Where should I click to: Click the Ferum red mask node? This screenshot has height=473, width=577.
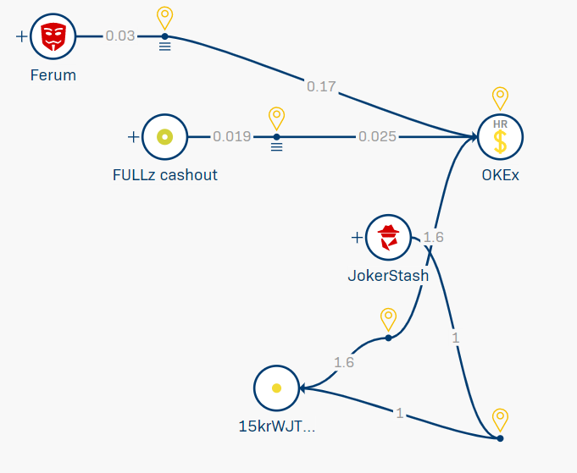(53, 36)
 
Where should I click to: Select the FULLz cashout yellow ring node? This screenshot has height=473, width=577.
(164, 136)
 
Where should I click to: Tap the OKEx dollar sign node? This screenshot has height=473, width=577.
(500, 137)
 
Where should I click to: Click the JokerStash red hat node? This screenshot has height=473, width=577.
(388, 237)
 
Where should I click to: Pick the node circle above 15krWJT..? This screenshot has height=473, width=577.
(276, 388)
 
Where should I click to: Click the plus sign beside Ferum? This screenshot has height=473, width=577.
(21, 36)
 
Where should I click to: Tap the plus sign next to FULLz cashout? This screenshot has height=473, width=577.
(133, 136)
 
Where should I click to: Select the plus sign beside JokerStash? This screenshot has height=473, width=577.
(357, 237)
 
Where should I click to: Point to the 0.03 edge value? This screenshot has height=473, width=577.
(119, 36)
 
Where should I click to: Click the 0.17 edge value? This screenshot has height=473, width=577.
(321, 86)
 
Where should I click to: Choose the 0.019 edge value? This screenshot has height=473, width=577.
(231, 136)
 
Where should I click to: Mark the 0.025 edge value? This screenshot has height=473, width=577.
(377, 136)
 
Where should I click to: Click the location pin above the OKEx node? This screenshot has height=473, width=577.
(500, 98)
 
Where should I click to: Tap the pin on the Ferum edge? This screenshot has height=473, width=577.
(164, 17)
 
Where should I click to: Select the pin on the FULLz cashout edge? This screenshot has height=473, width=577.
(275, 118)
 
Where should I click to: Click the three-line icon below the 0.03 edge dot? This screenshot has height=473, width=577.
(164, 47)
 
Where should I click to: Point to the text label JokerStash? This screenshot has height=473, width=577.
(388, 276)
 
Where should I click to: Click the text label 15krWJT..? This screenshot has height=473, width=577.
(276, 427)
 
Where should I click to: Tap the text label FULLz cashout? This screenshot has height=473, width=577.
(164, 175)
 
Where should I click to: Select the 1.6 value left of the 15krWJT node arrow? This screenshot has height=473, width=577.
(343, 362)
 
